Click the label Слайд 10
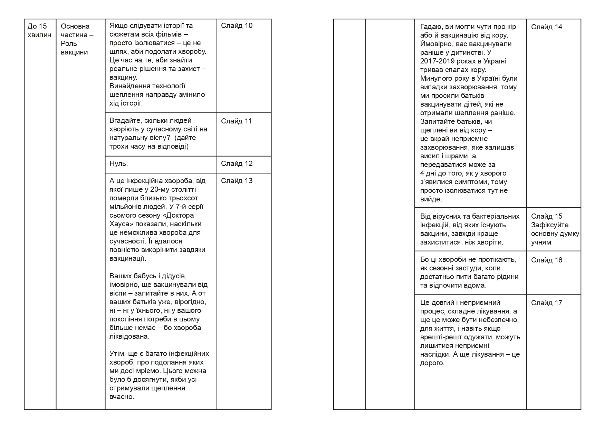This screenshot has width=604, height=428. point(237,26)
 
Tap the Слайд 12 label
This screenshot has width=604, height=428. point(237,164)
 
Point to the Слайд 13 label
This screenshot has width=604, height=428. point(237,181)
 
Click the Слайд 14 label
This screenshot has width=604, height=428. point(546,27)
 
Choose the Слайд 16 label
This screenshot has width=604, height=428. point(546,260)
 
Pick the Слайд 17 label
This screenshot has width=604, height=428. point(546,303)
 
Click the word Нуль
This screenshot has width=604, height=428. point(118,164)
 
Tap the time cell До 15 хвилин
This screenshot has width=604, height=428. point(39,30)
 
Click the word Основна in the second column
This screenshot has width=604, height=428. point(75,26)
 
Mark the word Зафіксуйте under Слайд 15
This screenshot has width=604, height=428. point(550,225)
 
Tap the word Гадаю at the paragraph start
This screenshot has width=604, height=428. point(430,27)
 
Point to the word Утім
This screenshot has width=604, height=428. point(116,354)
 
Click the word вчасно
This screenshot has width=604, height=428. point(121,397)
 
